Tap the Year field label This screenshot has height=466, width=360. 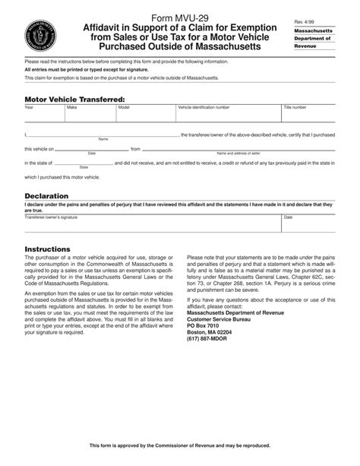pyautogui.click(x=29, y=108)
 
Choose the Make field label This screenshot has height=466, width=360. pyautogui.click(x=72, y=108)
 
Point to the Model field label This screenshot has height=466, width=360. pyautogui.click(x=124, y=108)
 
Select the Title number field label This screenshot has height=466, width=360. pyautogui.click(x=295, y=108)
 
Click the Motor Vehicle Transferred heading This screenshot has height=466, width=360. pyautogui.click(x=74, y=99)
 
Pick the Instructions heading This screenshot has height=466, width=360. pyautogui.click(x=48, y=249)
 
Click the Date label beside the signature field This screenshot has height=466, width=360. pyautogui.click(x=288, y=217)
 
